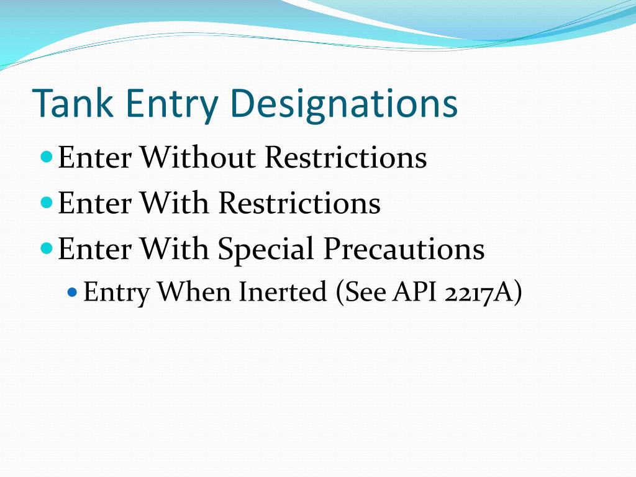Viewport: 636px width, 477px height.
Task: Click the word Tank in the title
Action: pos(73,104)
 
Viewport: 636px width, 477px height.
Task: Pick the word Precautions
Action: pos(403,249)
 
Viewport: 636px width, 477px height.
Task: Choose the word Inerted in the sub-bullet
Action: pos(283,291)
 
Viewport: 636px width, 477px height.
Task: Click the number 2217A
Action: pos(483,291)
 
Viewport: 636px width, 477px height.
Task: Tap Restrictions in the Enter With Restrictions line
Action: pos(299,203)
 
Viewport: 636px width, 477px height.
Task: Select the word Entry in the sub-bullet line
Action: pos(116,291)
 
